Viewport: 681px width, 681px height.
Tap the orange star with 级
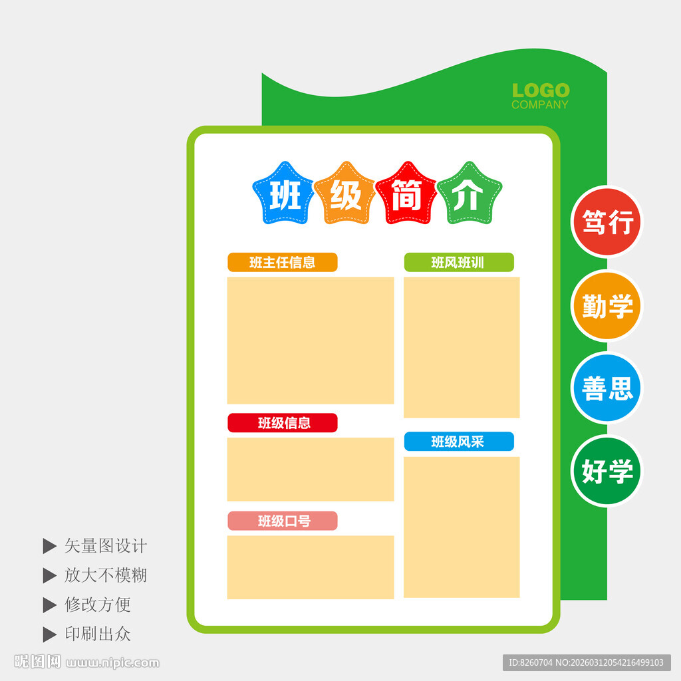346,195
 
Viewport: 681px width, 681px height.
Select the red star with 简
406,195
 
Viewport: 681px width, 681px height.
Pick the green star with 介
468,195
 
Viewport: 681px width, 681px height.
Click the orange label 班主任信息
283,262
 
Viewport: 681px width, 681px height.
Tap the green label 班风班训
458,262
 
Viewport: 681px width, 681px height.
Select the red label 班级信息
283,423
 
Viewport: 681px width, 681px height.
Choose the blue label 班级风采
458,442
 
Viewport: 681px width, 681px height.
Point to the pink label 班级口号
283,521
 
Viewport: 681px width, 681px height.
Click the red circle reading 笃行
607,221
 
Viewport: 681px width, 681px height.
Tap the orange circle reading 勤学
607,306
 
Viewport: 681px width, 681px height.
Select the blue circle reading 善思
607,388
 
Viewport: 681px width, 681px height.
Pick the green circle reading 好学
607,471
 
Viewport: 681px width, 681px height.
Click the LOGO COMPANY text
540,96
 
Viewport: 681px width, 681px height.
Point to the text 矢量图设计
105,546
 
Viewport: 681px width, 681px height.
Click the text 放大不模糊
105,575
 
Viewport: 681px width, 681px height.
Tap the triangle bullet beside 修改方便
49,605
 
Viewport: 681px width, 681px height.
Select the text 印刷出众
97,634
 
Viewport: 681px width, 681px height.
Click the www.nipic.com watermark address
113,662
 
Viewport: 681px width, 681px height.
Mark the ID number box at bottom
586,662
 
